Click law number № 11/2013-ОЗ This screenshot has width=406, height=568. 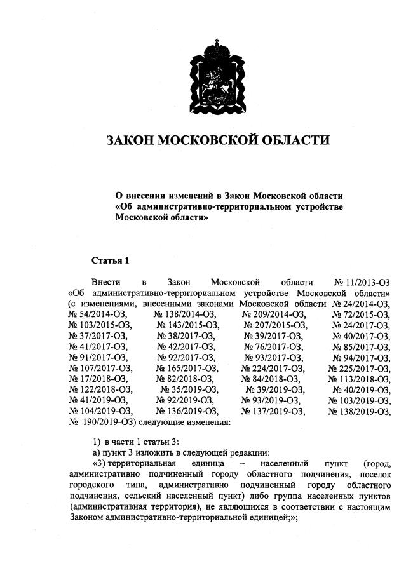pos(362,281)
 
